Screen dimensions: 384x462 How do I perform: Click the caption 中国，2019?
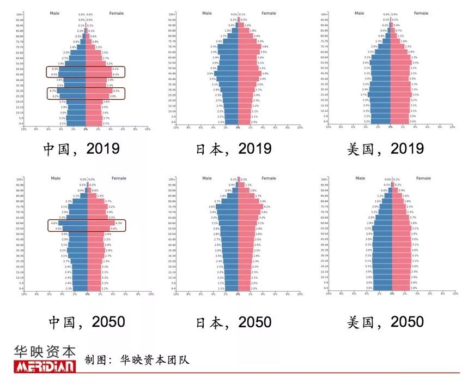[81, 148]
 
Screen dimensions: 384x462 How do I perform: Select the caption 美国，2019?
[385, 148]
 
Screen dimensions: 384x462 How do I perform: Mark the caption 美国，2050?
[385, 322]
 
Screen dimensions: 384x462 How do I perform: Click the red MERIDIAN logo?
[45, 366]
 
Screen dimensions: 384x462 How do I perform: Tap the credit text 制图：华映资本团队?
[136, 360]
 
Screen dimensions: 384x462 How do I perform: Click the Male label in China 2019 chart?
[54, 13]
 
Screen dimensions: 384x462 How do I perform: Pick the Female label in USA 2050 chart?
[423, 178]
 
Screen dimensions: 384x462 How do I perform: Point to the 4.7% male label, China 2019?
[52, 91]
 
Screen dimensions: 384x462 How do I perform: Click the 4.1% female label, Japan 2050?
[267, 207]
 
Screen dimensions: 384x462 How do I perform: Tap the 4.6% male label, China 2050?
[53, 223]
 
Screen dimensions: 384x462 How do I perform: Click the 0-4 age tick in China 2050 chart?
[19, 288]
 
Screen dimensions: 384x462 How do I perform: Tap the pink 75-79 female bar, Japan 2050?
[251, 207]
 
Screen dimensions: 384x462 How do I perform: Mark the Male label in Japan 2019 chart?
[206, 13]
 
